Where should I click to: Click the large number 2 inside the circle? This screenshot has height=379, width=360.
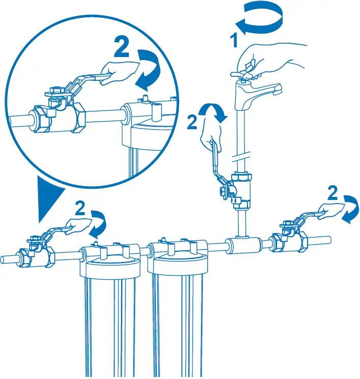click(x=122, y=48)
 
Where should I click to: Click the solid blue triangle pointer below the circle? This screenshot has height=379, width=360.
click(x=50, y=196)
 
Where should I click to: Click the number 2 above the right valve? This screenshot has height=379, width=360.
click(x=332, y=193)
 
